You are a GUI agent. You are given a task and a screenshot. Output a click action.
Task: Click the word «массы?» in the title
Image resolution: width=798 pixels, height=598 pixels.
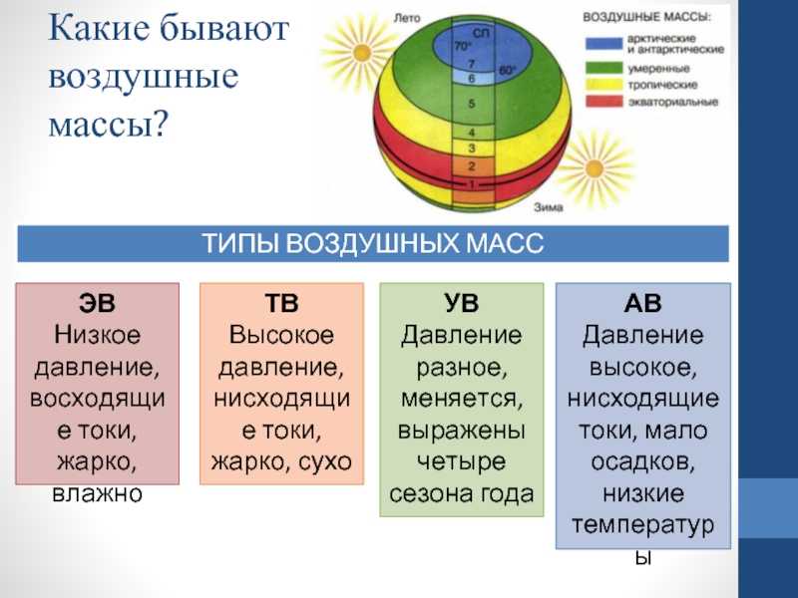[x=108, y=124]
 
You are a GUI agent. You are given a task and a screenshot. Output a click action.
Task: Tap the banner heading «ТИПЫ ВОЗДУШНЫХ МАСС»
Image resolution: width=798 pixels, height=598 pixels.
[x=373, y=243]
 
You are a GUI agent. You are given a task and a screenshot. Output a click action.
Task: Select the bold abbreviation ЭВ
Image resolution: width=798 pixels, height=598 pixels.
[x=97, y=303]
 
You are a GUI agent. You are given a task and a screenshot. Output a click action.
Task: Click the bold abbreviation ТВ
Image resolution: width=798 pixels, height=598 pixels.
[x=281, y=303]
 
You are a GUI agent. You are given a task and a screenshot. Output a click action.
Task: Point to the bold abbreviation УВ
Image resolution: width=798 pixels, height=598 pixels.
[x=462, y=303]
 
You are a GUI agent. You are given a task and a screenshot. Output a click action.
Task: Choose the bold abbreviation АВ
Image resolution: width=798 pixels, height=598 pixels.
[x=642, y=303]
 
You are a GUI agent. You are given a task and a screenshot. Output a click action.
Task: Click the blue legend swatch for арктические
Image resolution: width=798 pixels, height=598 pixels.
[x=604, y=44]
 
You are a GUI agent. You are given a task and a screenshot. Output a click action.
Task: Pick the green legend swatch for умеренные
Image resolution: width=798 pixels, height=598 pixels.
[x=604, y=68]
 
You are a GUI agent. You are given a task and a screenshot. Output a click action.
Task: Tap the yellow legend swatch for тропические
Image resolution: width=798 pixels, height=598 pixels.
[x=604, y=85]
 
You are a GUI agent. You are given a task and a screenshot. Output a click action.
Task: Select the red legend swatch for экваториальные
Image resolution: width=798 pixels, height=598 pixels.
[x=604, y=102]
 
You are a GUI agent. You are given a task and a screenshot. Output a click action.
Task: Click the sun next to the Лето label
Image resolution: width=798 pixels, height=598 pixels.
[x=362, y=52]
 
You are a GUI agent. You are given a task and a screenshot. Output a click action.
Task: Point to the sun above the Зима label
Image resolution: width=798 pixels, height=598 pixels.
[x=594, y=168]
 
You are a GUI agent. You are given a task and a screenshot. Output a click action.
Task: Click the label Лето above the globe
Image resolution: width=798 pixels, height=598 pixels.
[x=407, y=18]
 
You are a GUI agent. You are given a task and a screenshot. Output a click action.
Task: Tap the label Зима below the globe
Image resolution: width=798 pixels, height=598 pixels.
[x=549, y=207]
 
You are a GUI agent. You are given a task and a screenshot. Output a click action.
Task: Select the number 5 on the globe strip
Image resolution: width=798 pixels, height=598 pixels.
[x=472, y=104]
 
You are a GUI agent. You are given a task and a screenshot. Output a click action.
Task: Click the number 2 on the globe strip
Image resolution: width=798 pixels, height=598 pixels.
[x=472, y=166]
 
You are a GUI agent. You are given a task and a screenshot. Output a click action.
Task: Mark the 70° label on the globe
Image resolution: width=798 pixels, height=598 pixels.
[x=463, y=46]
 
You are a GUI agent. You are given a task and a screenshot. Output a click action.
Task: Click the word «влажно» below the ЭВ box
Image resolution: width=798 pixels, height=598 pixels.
[x=97, y=494]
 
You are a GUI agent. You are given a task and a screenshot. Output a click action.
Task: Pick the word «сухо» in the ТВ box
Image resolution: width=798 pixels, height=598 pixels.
[x=325, y=462]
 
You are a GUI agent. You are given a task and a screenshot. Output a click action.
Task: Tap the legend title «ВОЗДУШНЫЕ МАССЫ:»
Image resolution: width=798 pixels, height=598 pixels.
[x=646, y=17]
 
